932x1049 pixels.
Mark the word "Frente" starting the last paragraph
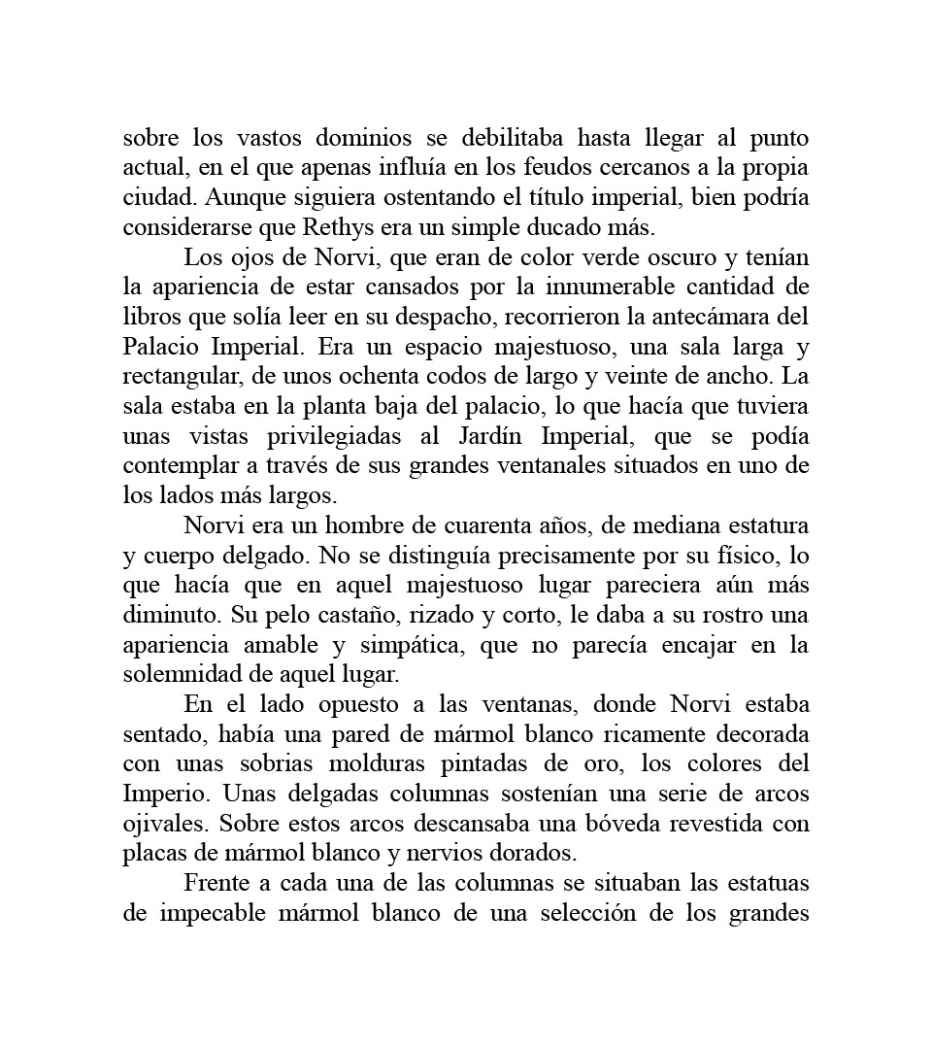[x=216, y=883]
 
